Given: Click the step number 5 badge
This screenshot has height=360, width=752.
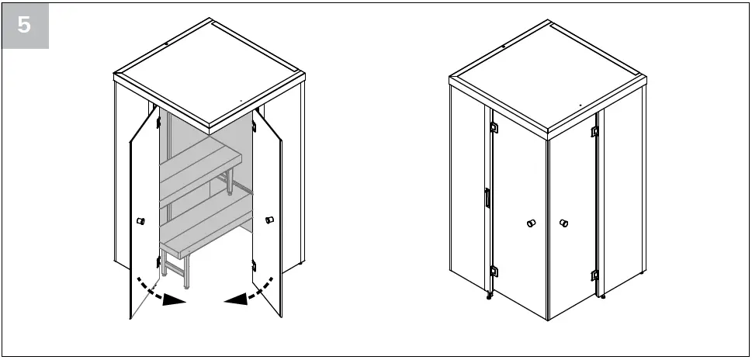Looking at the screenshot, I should coord(25,25).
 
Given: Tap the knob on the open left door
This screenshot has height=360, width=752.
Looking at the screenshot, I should coord(141,222).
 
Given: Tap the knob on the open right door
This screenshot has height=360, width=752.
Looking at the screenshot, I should coord(269,220).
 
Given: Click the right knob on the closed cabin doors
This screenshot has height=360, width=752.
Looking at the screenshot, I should coord(563,224).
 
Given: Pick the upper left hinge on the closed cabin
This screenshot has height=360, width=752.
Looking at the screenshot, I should coord(494,126).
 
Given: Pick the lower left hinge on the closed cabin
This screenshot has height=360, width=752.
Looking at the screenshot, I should coord(494,271).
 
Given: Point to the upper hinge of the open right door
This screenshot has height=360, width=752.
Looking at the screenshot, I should coord(254,124).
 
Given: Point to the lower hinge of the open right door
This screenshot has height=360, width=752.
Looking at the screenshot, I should coord(254,267).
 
